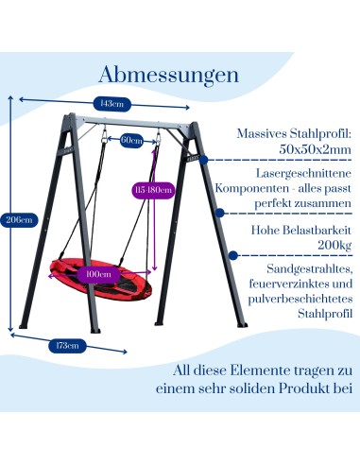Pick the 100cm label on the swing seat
pyautogui.click(x=99, y=274)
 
